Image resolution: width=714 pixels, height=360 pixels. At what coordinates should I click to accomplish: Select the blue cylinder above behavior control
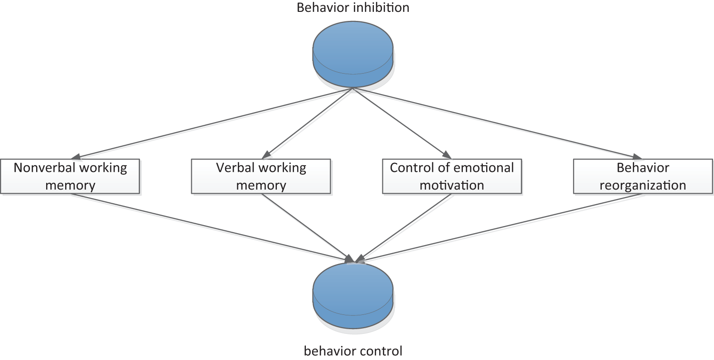[x=352, y=295]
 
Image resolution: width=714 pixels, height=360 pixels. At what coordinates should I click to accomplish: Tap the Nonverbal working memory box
[x=70, y=176]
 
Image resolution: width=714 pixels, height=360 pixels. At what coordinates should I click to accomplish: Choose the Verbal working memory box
[x=261, y=176]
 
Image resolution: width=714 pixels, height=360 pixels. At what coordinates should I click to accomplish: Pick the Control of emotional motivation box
[x=452, y=176]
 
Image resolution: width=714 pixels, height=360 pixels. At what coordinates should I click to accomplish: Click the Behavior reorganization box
[x=643, y=176]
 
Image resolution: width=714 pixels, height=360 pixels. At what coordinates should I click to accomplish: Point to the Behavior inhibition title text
[x=352, y=8]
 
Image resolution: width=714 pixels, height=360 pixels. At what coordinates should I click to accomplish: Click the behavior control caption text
[x=352, y=351]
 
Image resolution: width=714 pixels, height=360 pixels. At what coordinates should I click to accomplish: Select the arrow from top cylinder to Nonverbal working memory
[x=214, y=123]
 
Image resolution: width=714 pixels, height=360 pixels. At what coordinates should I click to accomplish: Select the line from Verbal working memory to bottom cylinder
[x=307, y=227]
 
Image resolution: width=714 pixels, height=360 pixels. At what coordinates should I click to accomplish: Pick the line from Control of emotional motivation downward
[x=404, y=227]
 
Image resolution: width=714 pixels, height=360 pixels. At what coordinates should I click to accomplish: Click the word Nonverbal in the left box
[x=40, y=168]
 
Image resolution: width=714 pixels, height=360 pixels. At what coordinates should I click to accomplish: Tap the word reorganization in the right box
[x=643, y=185]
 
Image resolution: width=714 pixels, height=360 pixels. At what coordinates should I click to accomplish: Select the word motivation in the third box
[x=452, y=185]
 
